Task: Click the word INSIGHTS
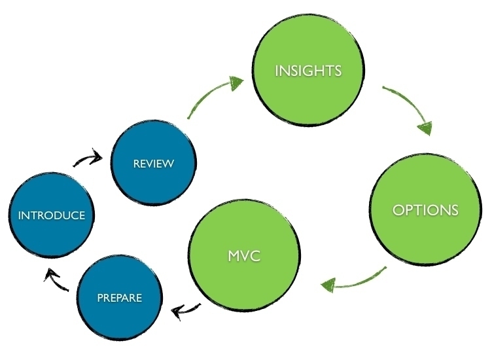(308, 71)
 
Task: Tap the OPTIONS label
(425, 210)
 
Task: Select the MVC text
(244, 256)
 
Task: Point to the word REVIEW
(154, 164)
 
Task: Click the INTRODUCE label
(52, 215)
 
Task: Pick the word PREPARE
(120, 298)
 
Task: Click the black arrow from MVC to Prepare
(186, 310)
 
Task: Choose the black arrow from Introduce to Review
(88, 158)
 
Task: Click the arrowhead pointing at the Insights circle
(236, 82)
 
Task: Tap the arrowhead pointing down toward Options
(425, 128)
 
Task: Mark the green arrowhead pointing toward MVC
(328, 285)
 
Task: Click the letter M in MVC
(234, 256)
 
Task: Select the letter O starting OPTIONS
(398, 210)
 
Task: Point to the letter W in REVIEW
(168, 164)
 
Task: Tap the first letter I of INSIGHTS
(277, 71)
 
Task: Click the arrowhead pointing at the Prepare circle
(177, 312)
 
